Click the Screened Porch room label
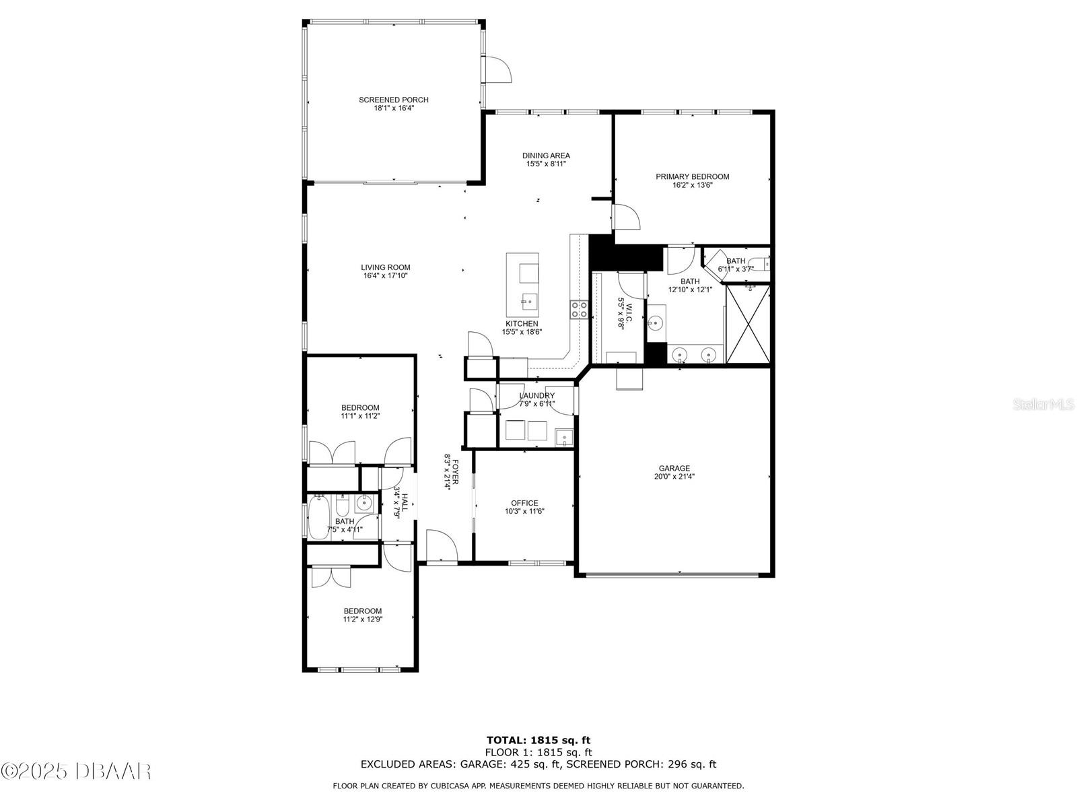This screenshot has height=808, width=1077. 393,100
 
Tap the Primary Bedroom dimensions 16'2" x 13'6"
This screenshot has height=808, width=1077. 692,185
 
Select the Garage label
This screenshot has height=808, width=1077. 674,469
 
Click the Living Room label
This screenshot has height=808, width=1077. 385,267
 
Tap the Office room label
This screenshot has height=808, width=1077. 524,503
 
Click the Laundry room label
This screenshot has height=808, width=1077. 536,396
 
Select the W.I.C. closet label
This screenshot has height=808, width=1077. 629,310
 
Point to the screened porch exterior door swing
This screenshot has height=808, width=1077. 499,69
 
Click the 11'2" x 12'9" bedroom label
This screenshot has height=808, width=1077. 363,615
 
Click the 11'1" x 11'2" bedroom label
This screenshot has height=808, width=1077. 360,411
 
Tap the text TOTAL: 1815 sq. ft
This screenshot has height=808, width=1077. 538,741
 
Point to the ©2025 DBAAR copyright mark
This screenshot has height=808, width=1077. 76,771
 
